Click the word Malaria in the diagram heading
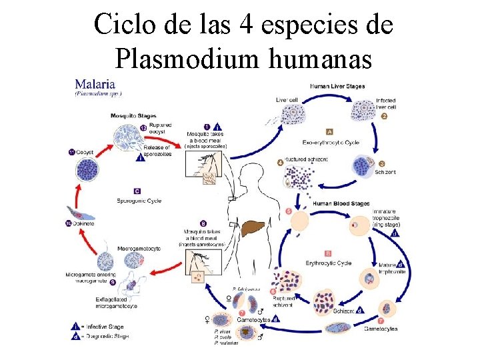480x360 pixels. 95,85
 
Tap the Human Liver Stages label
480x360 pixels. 337,85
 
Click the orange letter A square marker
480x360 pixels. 329,131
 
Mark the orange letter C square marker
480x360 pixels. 137,191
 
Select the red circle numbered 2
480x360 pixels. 385,116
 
